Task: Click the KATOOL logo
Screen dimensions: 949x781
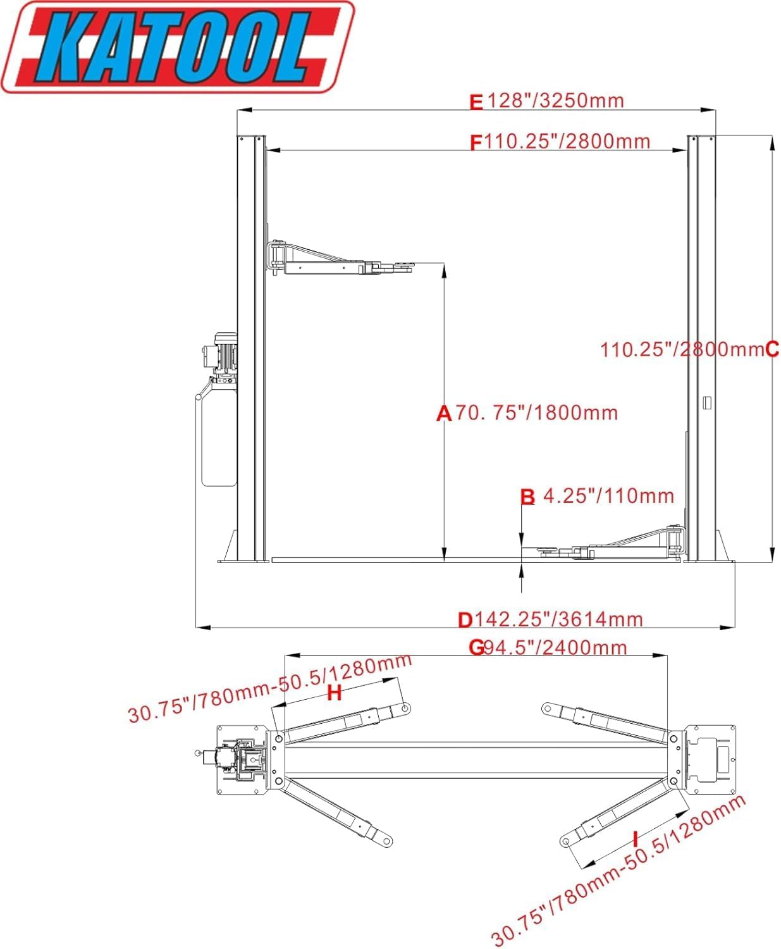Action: coord(177,47)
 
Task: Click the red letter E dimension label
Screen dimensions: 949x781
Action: coord(476,102)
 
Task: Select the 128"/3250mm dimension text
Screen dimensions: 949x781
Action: coord(555,101)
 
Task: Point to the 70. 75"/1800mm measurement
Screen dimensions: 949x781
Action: coord(536,413)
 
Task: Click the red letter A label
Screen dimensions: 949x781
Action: coord(444,414)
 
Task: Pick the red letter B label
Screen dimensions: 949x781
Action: coord(527,497)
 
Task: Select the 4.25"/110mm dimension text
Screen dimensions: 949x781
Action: coord(608,495)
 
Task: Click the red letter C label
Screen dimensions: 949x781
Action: coord(772,349)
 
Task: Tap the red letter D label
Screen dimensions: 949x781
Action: coord(465,620)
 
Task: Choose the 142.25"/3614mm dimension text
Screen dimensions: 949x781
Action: coord(558,619)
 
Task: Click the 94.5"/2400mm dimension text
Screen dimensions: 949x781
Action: coord(555,647)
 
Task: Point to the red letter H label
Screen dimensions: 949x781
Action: coord(334,693)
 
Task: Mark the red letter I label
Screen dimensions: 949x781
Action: coord(635,840)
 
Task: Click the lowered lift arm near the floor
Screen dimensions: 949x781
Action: coord(620,547)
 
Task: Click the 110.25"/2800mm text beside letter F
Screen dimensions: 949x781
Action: coord(567,141)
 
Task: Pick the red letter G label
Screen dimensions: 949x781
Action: coord(476,647)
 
